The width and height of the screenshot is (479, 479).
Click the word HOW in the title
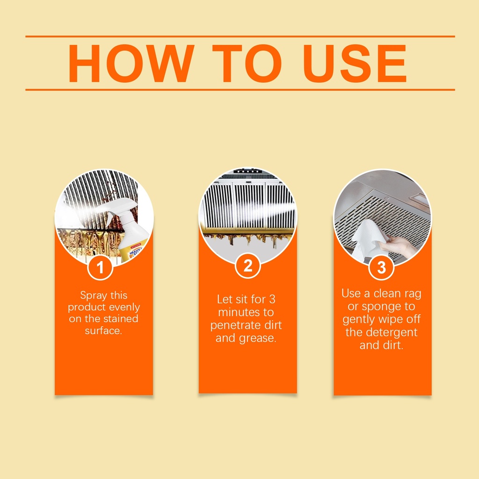(131, 63)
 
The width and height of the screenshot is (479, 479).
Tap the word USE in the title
(355, 63)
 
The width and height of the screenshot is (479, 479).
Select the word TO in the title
(247, 63)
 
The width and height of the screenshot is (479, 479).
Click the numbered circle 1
(100, 267)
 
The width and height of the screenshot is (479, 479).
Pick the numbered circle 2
(248, 266)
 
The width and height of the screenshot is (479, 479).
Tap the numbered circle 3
(382, 267)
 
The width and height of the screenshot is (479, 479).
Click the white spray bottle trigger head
(121, 208)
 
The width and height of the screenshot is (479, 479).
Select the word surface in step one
(103, 331)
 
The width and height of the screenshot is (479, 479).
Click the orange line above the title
(240, 36)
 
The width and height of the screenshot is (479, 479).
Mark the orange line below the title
(240, 90)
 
